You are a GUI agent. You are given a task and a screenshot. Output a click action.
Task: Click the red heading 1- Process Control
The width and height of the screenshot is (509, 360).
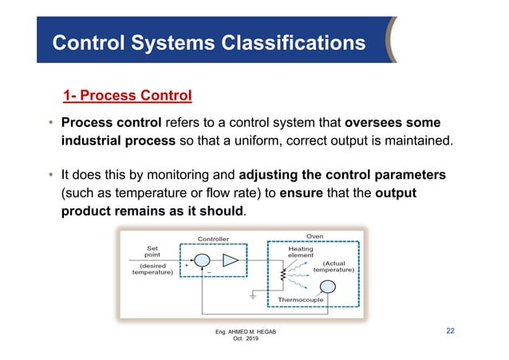click(128, 97)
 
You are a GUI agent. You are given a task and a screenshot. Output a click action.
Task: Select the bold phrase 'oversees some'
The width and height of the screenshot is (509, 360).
click(393, 124)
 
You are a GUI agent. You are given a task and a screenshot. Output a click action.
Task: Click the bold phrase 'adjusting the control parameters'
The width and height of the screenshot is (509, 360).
click(342, 175)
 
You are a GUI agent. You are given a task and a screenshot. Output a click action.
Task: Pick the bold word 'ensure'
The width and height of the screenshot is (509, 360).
click(302, 194)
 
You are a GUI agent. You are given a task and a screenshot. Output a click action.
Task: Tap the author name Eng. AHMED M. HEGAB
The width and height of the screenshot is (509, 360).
click(246, 331)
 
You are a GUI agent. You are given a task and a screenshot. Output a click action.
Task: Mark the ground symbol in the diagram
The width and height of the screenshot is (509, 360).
click(253, 296)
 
